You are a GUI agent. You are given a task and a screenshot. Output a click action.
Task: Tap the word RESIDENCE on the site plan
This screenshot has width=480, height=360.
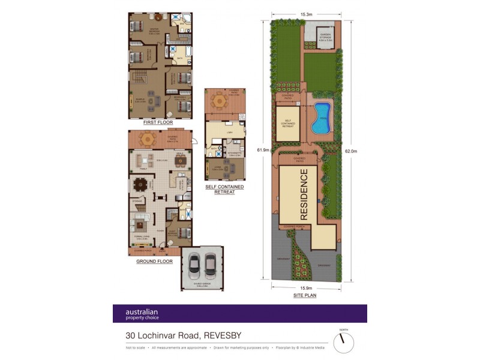coord(304,194)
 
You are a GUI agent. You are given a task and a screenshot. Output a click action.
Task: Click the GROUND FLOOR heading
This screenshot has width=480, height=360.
coord(155,262)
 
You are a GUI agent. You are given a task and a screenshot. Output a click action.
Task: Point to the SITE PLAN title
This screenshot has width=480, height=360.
coord(305,295)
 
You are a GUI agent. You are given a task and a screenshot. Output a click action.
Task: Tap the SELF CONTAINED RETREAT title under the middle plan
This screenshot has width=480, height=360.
coord(224,189)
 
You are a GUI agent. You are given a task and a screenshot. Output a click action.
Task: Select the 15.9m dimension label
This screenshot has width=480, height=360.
coord(305,288)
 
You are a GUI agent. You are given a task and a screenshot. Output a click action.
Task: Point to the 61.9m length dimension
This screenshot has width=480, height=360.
coord(262,150)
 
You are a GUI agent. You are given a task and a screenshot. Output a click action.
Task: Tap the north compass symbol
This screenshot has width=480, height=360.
coord(344,343)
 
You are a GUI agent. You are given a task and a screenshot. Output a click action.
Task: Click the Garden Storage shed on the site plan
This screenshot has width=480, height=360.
coord(325,38)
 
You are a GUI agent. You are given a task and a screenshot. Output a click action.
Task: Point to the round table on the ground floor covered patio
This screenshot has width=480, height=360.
coord(146,139)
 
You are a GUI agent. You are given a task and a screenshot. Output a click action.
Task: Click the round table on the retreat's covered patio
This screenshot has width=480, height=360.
coord(220,101)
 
